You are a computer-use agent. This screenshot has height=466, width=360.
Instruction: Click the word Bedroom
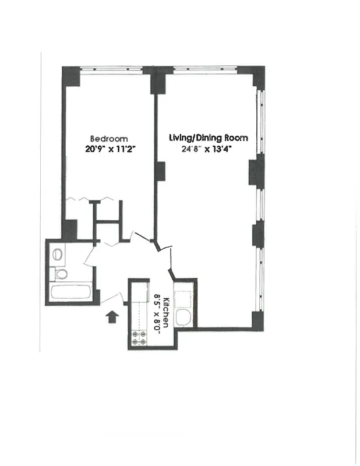pyautogui.click(x=109, y=139)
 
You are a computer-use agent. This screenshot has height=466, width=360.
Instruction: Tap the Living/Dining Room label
pyautogui.click(x=209, y=138)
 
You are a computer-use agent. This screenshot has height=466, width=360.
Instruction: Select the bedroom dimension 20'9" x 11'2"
pyautogui.click(x=109, y=149)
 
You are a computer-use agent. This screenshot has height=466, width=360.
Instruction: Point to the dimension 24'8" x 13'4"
pyautogui.click(x=209, y=148)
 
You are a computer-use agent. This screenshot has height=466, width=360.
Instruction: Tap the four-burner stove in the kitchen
pyautogui.click(x=140, y=338)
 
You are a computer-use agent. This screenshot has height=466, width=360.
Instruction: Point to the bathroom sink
pyautogui.click(x=58, y=254)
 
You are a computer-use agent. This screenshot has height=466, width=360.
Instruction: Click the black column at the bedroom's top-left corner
pyautogui.click(x=71, y=76)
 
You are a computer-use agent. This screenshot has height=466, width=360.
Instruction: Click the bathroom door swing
pyautogui.click(x=90, y=256)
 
